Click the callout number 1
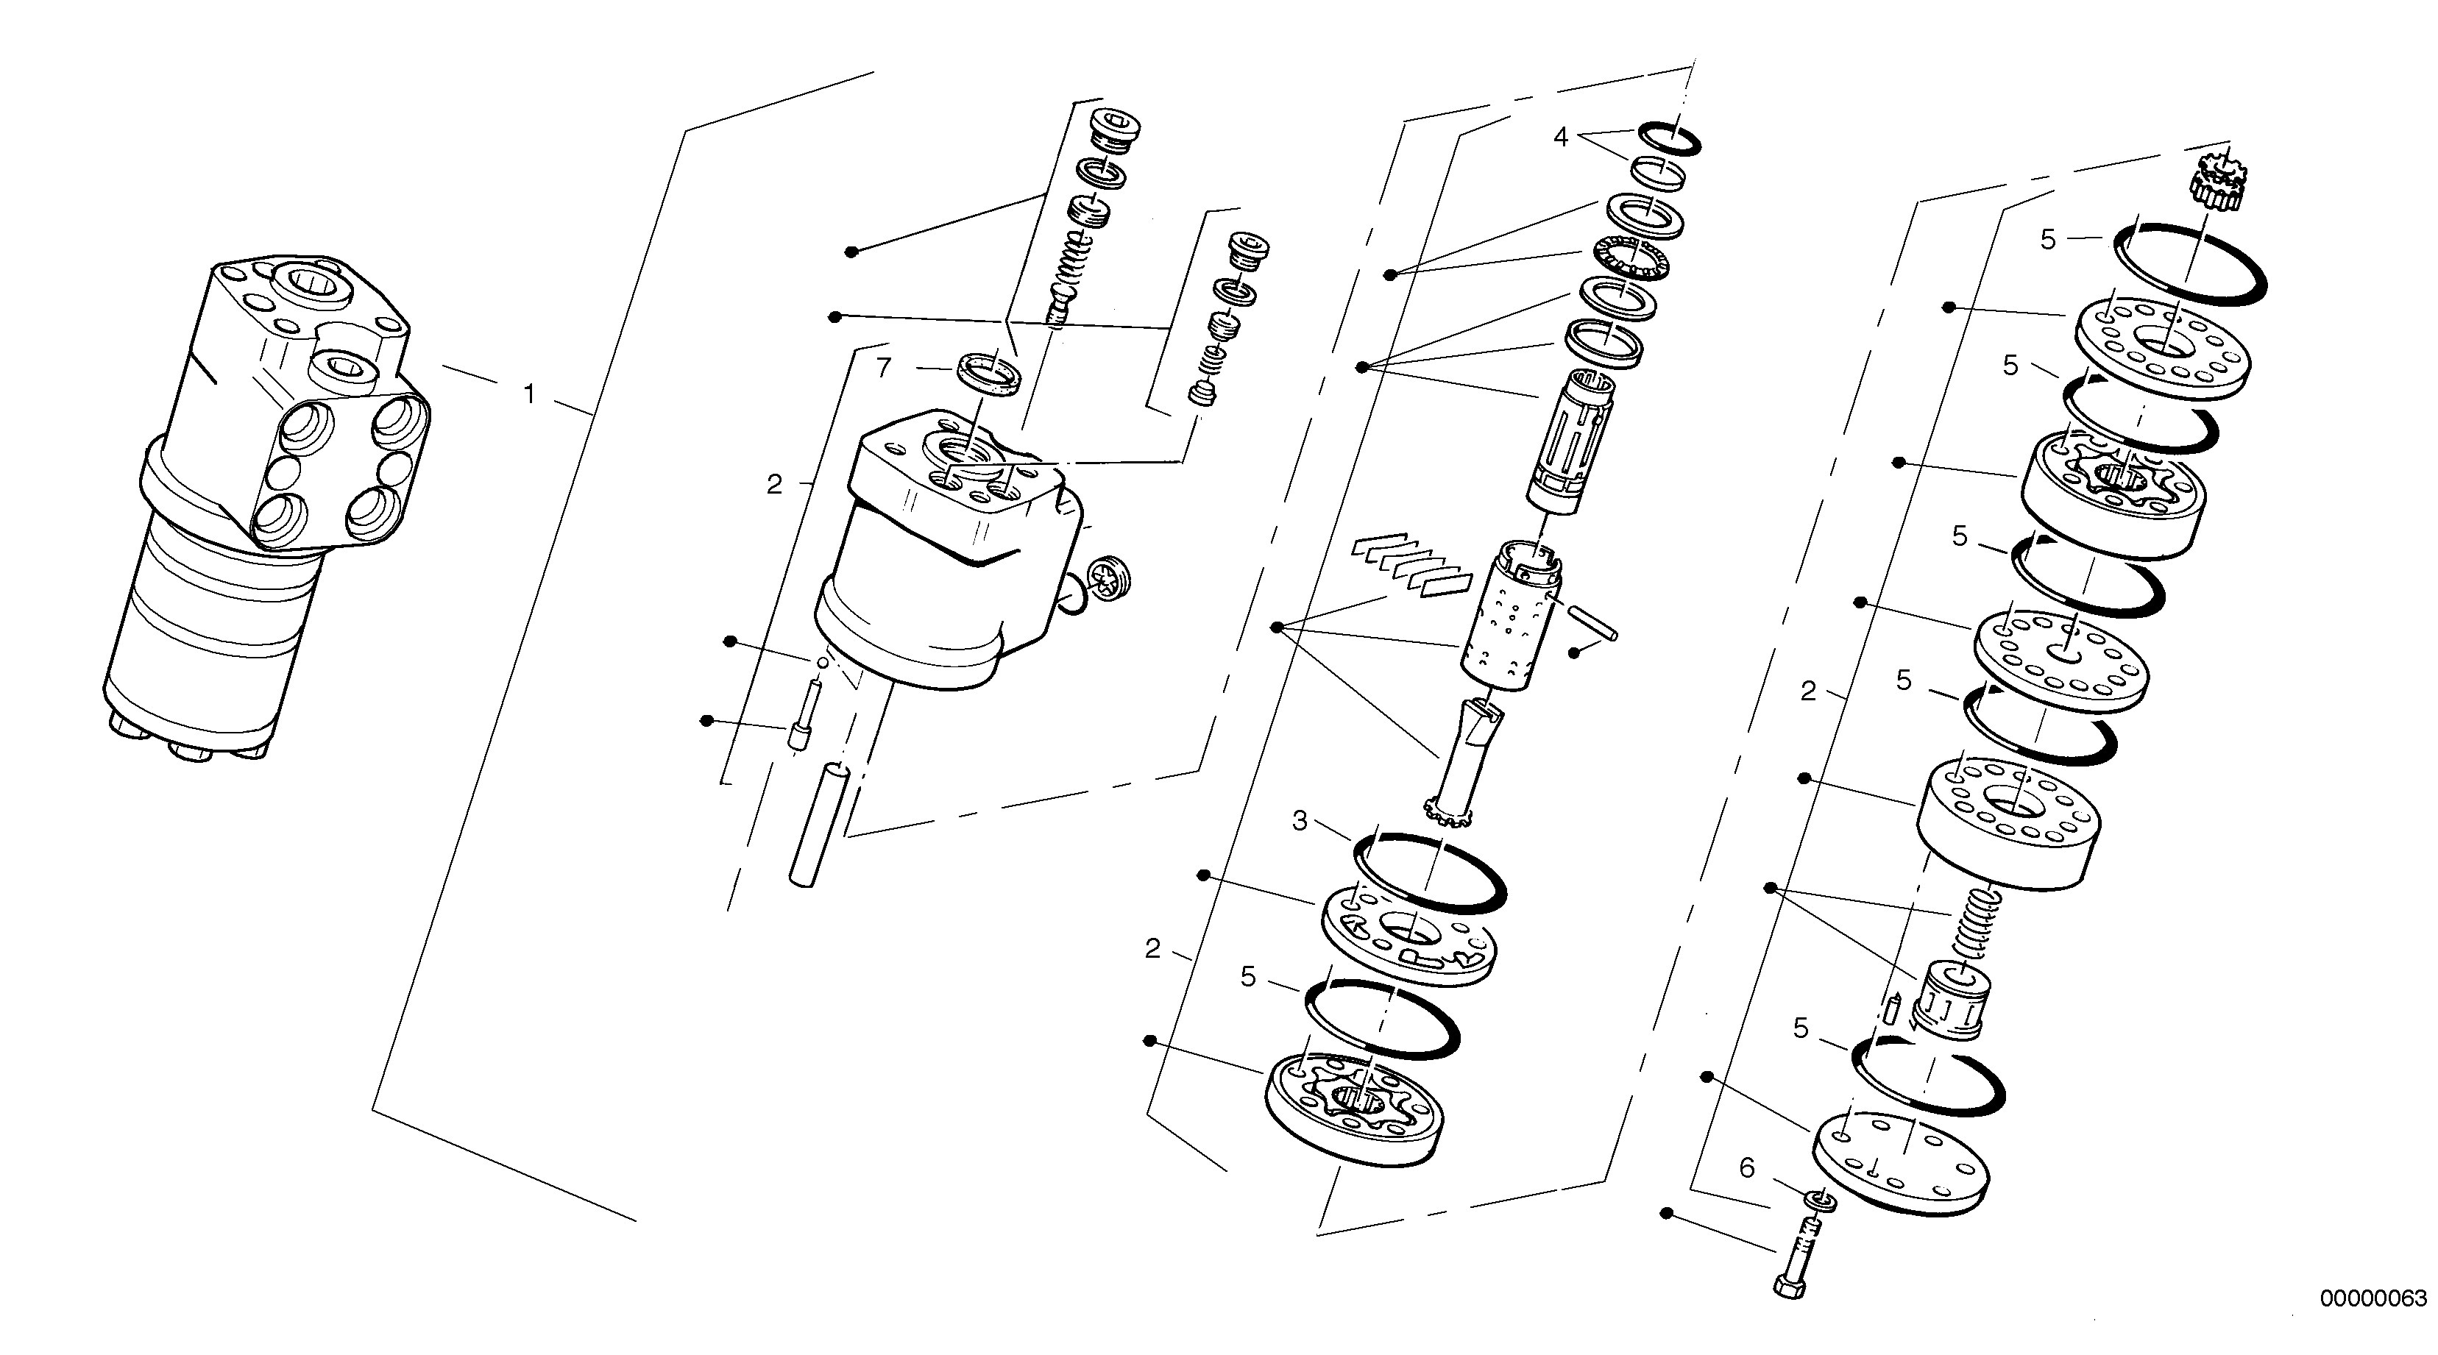pos(529,393)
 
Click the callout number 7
pos(883,367)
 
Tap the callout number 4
pos(1561,138)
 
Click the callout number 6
pos(1746,1167)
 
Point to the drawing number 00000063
pos(2373,1298)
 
